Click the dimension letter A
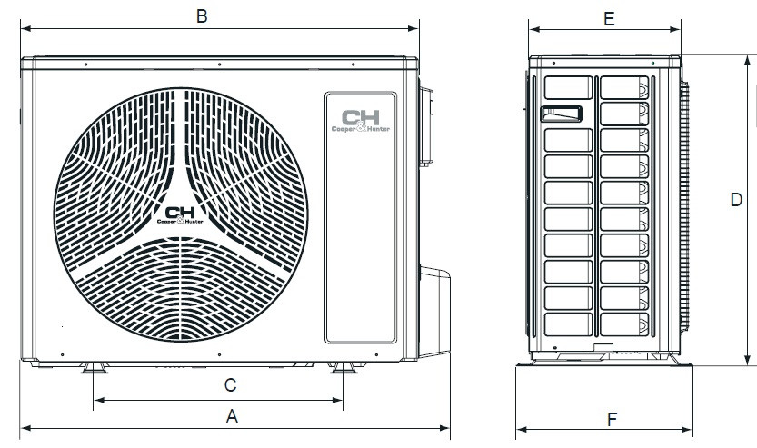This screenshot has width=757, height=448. (x=232, y=416)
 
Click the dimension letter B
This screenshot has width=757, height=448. (x=203, y=15)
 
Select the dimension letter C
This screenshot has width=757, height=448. (x=231, y=384)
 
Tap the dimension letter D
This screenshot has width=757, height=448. (x=737, y=200)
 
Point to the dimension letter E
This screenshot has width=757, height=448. (x=609, y=17)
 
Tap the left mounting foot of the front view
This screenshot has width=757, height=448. (x=93, y=367)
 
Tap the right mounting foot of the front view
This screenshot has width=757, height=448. (x=343, y=367)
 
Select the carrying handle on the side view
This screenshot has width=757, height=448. (x=561, y=113)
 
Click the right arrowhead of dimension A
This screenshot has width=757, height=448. (x=445, y=426)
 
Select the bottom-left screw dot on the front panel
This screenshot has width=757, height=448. (x=61, y=353)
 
